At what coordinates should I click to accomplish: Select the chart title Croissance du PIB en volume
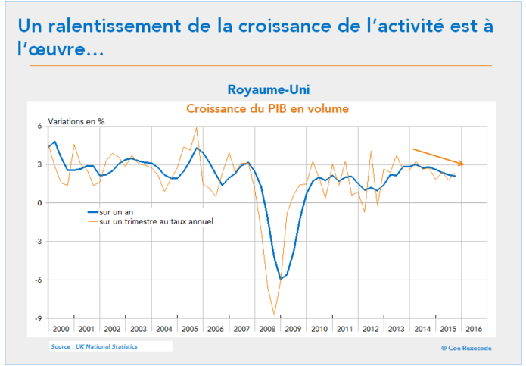(x=267, y=108)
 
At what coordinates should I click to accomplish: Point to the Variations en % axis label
(x=76, y=121)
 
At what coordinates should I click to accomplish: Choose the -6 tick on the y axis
(x=39, y=280)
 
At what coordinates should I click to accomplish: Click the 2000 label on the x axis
(x=61, y=330)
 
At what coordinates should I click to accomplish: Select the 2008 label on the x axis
(x=267, y=330)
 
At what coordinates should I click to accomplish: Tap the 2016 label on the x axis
(x=474, y=330)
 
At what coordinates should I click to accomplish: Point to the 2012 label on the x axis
(x=370, y=330)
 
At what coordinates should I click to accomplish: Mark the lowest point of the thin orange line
(x=274, y=314)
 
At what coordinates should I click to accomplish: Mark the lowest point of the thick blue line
(x=280, y=279)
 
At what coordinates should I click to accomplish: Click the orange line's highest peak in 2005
(x=197, y=127)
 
